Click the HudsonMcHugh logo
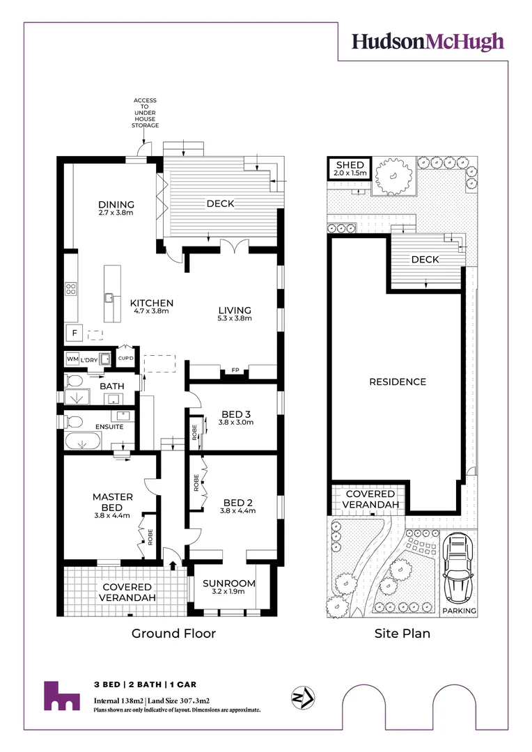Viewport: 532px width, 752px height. (x=428, y=42)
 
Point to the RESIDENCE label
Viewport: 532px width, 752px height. (x=398, y=382)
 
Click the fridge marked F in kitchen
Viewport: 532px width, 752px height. (x=73, y=333)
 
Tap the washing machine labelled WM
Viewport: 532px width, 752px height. (x=72, y=359)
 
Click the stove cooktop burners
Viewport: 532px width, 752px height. (x=70, y=288)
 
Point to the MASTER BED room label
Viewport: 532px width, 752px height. (x=112, y=502)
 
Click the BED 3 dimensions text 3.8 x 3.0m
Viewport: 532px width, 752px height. (x=236, y=422)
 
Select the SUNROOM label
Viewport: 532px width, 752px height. (x=229, y=583)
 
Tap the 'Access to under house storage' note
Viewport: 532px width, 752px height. (x=146, y=113)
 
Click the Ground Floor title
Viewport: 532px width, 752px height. (x=174, y=633)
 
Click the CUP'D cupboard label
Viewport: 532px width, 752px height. (x=125, y=359)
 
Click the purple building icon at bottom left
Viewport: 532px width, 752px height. (x=61, y=696)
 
